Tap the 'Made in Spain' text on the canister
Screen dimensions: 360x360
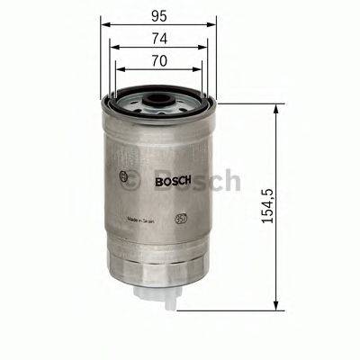click(x=142, y=218)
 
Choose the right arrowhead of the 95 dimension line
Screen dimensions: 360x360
click(x=216, y=26)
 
